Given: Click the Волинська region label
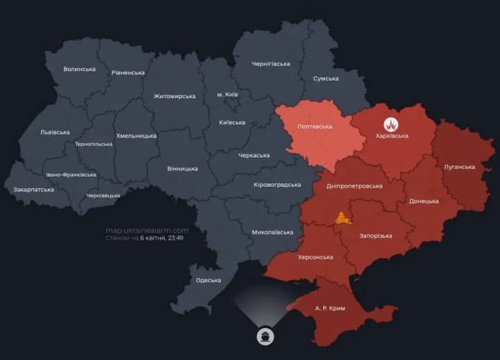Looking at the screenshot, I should (x=79, y=69).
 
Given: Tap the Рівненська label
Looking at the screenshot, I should (x=128, y=72).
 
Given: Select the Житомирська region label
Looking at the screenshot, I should (x=174, y=96).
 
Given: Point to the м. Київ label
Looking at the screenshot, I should (x=227, y=94).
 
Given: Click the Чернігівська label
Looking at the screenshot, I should (x=271, y=64).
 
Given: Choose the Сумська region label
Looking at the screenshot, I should (x=326, y=79).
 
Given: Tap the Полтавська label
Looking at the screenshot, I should (x=315, y=126).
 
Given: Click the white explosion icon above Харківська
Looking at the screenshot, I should (x=392, y=124).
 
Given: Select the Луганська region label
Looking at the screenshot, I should (x=459, y=167).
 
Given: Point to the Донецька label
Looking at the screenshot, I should (x=424, y=201).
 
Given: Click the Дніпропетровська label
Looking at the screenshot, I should (x=354, y=186).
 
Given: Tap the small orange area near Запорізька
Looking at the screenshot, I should (x=343, y=218).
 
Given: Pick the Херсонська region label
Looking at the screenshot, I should (x=315, y=257).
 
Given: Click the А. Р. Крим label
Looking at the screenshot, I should (x=330, y=308).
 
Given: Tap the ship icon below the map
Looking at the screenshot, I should (x=265, y=336).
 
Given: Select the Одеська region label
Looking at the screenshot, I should (x=208, y=280).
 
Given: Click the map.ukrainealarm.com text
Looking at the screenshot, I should (x=147, y=230).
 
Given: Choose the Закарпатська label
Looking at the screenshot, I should (x=33, y=189).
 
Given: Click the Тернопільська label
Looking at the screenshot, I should (x=94, y=145).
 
